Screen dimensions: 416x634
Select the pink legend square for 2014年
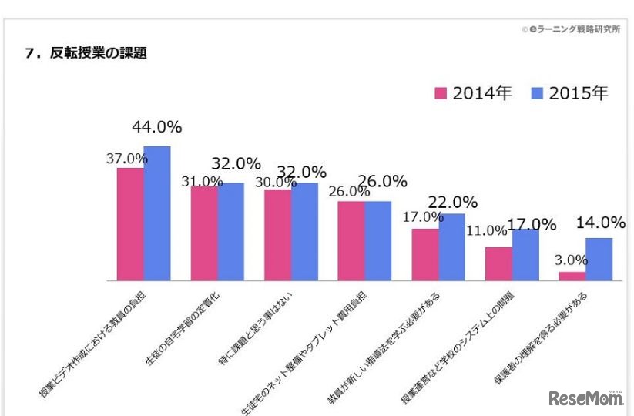pos(441,94)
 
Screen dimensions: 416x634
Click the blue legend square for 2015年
pos(538,94)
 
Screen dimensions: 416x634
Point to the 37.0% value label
pos(126,158)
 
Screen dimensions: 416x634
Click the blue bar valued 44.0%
pos(157,213)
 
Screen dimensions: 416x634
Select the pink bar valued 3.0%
pos(572,276)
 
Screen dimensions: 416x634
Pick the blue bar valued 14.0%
pos(599,259)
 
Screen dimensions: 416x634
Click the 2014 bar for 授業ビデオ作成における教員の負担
pos(130,224)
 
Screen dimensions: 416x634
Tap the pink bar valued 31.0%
pos(204,233)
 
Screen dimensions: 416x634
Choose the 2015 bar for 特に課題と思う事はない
pos(304,231)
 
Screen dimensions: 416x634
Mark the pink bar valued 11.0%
pos(498,263)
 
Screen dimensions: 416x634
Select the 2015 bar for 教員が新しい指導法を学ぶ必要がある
pos(452,247)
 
